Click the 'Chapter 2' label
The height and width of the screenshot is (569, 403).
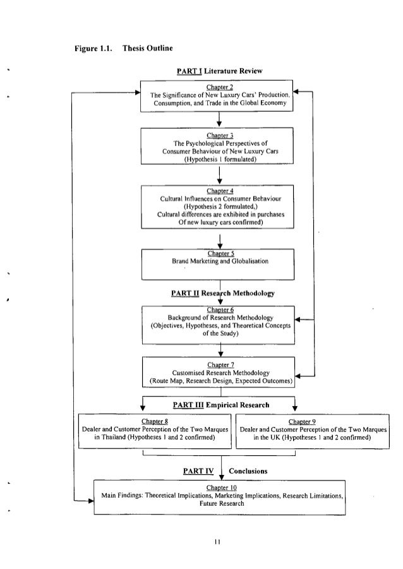click(219, 87)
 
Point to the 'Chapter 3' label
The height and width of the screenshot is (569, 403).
click(219, 135)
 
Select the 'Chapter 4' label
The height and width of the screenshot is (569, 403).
click(219, 191)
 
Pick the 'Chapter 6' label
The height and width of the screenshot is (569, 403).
click(219, 309)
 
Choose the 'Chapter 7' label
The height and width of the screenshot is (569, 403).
click(219, 365)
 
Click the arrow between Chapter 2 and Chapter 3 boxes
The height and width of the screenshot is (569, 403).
click(219, 119)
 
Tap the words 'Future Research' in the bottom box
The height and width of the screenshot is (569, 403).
click(219, 505)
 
